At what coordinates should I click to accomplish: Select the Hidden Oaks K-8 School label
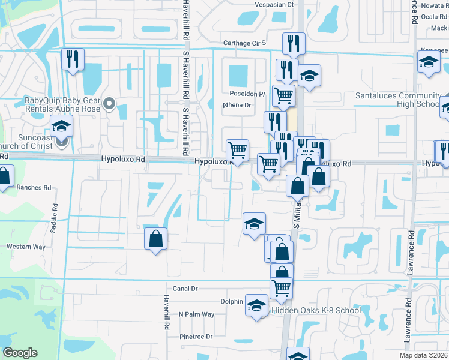(x=316, y=310)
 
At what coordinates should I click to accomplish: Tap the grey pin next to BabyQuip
(x=109, y=105)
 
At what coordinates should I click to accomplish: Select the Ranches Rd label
(x=34, y=187)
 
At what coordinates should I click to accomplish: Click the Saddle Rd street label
(x=55, y=214)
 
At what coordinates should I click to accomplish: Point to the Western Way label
(x=26, y=247)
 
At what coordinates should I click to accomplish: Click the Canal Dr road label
(x=185, y=289)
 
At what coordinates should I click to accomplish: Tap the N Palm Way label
(x=196, y=314)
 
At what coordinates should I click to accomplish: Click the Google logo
(x=20, y=353)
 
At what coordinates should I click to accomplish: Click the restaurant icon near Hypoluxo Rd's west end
(x=73, y=59)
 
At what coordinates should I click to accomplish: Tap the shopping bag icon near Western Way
(x=155, y=239)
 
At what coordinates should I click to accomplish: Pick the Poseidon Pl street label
(x=247, y=94)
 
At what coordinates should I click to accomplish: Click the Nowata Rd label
(x=435, y=5)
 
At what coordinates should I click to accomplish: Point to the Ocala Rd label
(x=436, y=16)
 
